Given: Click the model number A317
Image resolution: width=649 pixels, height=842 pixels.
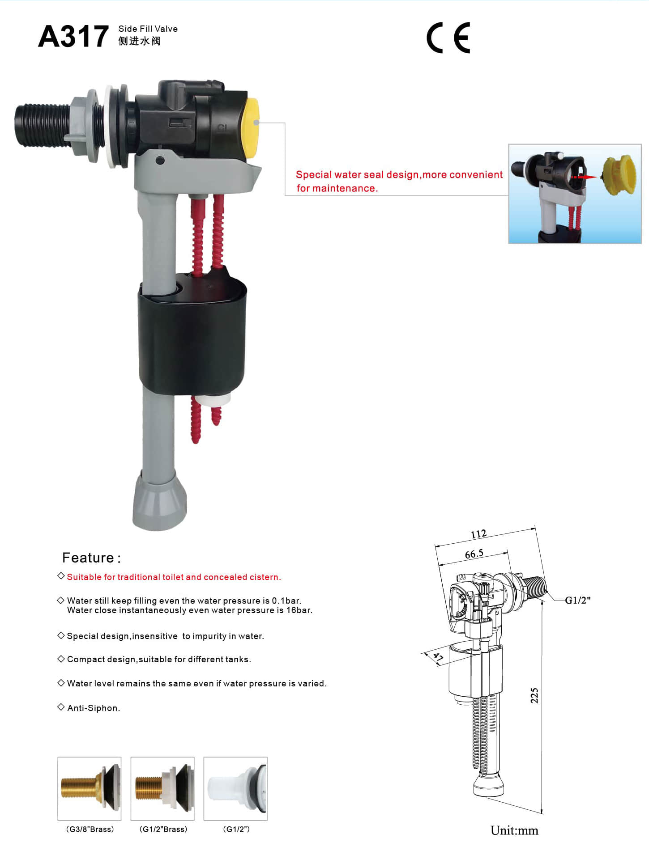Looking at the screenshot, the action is (x=73, y=36).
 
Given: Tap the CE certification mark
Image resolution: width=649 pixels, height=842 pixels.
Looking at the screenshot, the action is (x=448, y=38).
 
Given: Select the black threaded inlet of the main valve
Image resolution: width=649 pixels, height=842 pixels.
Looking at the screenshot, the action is (x=42, y=125).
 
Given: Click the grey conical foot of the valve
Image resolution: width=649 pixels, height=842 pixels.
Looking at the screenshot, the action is (x=159, y=501).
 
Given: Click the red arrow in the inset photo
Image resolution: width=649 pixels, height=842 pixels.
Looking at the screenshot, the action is (x=584, y=177).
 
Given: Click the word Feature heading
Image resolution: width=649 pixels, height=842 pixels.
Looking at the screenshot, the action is (x=88, y=558).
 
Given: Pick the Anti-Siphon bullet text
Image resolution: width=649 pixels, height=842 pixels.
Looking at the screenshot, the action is (x=94, y=708).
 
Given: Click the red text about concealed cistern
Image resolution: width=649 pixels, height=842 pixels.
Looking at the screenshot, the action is (x=174, y=577).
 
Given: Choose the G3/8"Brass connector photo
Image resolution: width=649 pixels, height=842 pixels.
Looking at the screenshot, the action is (x=90, y=788).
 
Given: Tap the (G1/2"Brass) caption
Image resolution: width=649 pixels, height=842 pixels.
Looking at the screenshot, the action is (x=163, y=829).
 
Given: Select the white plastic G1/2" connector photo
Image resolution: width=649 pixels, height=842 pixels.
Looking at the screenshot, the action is (x=235, y=788).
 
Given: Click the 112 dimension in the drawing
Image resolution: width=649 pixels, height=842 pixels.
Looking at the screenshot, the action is (x=478, y=534).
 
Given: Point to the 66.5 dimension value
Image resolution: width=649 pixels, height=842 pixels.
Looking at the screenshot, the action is (x=474, y=554).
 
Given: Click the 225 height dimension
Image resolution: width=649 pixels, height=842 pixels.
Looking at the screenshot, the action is (x=534, y=695).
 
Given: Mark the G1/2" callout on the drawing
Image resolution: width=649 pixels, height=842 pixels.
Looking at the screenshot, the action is (x=577, y=600).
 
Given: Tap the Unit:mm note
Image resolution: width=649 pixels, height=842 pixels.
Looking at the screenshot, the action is (x=514, y=830).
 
